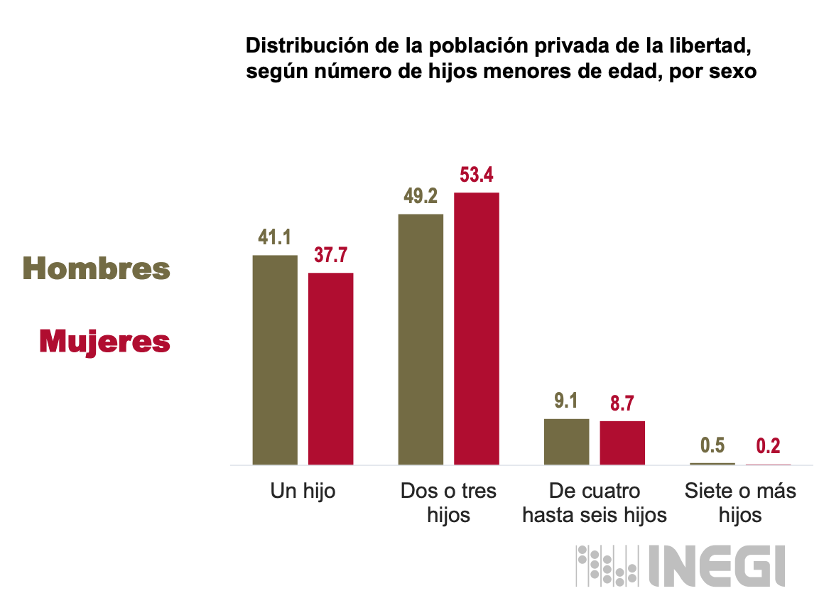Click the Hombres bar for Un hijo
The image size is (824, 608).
pyautogui.click(x=275, y=359)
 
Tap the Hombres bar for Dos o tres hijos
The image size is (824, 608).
pyautogui.click(x=421, y=339)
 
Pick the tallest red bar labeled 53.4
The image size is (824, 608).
pyautogui.click(x=477, y=328)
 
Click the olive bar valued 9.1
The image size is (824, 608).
pyautogui.click(x=566, y=441)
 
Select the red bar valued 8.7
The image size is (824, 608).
pyautogui.click(x=622, y=443)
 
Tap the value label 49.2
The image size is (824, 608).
pyautogui.click(x=421, y=197)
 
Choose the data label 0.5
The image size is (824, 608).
pyautogui.click(x=712, y=446)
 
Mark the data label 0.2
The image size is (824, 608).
pyautogui.click(x=768, y=446)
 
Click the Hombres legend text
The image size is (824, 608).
pyautogui.click(x=97, y=269)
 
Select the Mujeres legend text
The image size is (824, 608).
pyautogui.click(x=104, y=342)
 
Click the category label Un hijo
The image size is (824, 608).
pyautogui.click(x=303, y=491)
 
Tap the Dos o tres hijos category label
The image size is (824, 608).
pyautogui.click(x=448, y=502)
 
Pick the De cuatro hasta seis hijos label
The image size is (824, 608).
pyautogui.click(x=595, y=502)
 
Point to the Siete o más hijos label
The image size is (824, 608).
pyautogui.click(x=740, y=502)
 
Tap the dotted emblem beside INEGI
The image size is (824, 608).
pyautogui.click(x=605, y=565)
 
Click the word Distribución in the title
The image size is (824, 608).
pyautogui.click(x=298, y=47)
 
